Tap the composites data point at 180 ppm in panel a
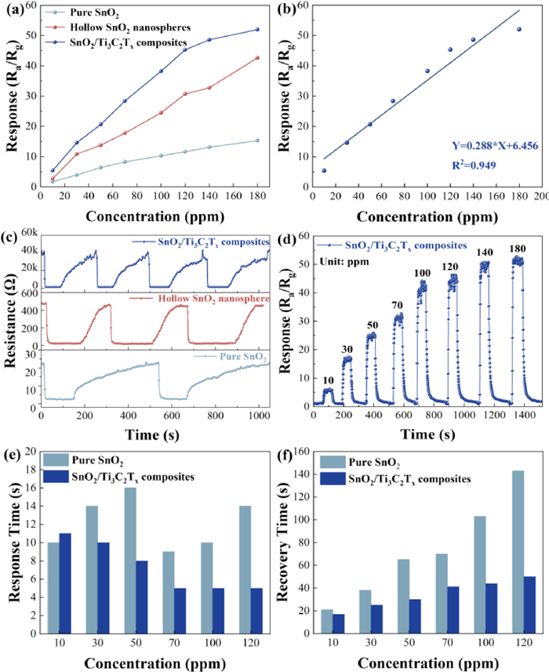pyautogui.click(x=257, y=30)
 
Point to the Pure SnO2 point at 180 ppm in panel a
pyautogui.click(x=257, y=140)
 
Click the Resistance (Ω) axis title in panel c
pyautogui.click(x=11, y=321)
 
